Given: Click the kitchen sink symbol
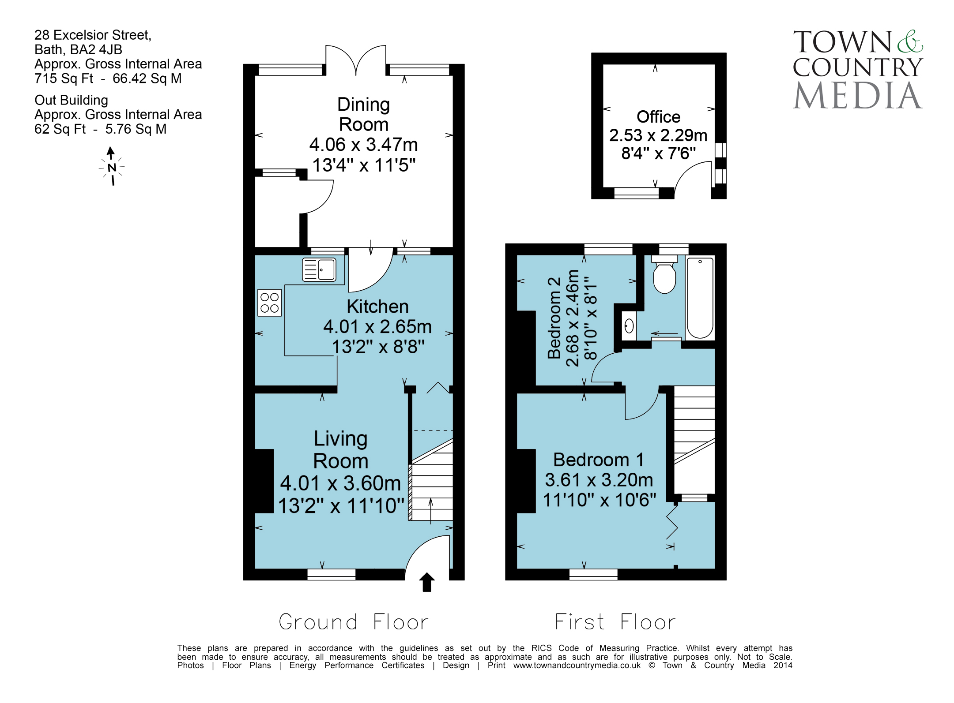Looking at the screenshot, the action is [319, 269].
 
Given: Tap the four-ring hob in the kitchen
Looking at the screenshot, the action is [269, 303].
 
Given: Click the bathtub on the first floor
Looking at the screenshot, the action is [700, 298].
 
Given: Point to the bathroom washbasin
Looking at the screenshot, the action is [629, 326].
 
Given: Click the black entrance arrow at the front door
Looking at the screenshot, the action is [426, 582].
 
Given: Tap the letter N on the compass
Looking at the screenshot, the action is [112, 168].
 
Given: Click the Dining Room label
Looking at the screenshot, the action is [364, 114].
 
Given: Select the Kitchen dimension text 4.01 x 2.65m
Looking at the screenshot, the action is [377, 327].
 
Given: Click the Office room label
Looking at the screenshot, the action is [658, 117].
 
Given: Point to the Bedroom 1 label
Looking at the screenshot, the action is [599, 460].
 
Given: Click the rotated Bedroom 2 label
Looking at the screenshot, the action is [554, 318].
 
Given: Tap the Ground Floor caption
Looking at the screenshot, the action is [354, 622].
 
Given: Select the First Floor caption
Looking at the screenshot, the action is [615, 622].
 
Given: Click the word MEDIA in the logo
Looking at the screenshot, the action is [857, 95].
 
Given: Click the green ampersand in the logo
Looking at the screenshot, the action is [909, 41].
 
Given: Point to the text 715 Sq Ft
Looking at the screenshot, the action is [64, 79].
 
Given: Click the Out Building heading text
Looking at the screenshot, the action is [71, 100].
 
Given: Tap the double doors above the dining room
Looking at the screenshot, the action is [356, 60].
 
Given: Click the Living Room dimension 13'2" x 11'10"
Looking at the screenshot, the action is [341, 506].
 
